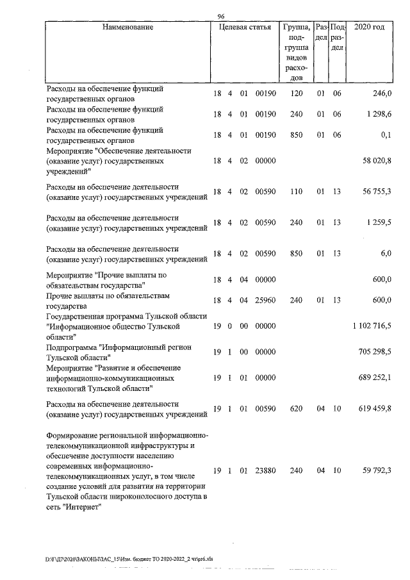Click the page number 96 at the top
(221, 16)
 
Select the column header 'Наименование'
(128, 28)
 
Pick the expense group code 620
(295, 408)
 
